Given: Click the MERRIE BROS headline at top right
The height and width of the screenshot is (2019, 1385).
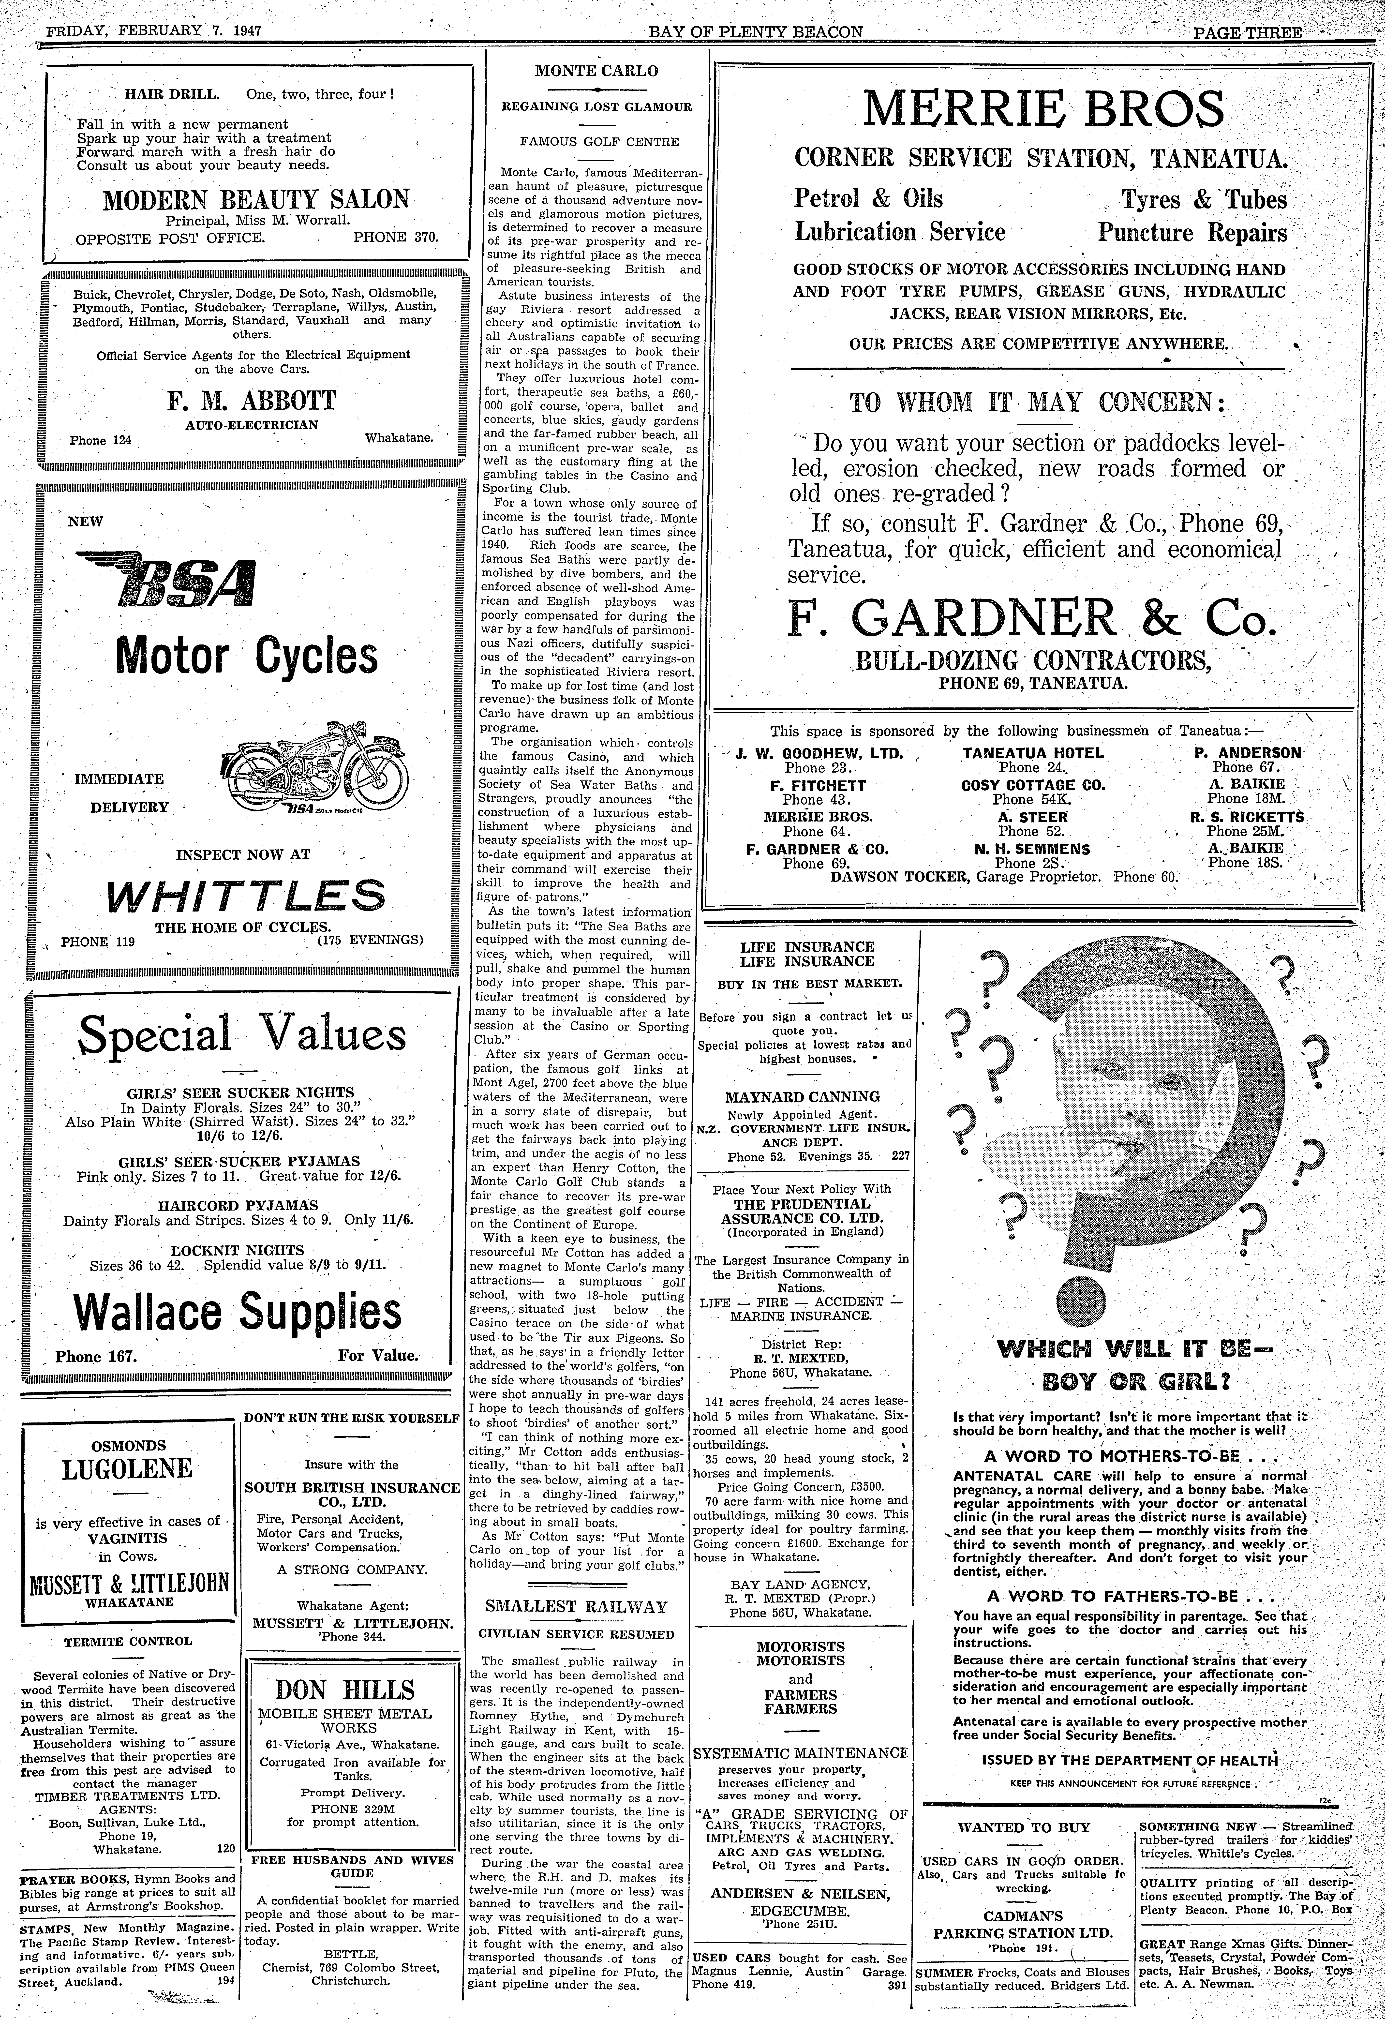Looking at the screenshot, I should pyautogui.click(x=1043, y=109).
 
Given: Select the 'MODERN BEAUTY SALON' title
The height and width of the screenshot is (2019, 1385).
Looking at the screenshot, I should pyautogui.click(x=255, y=200).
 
